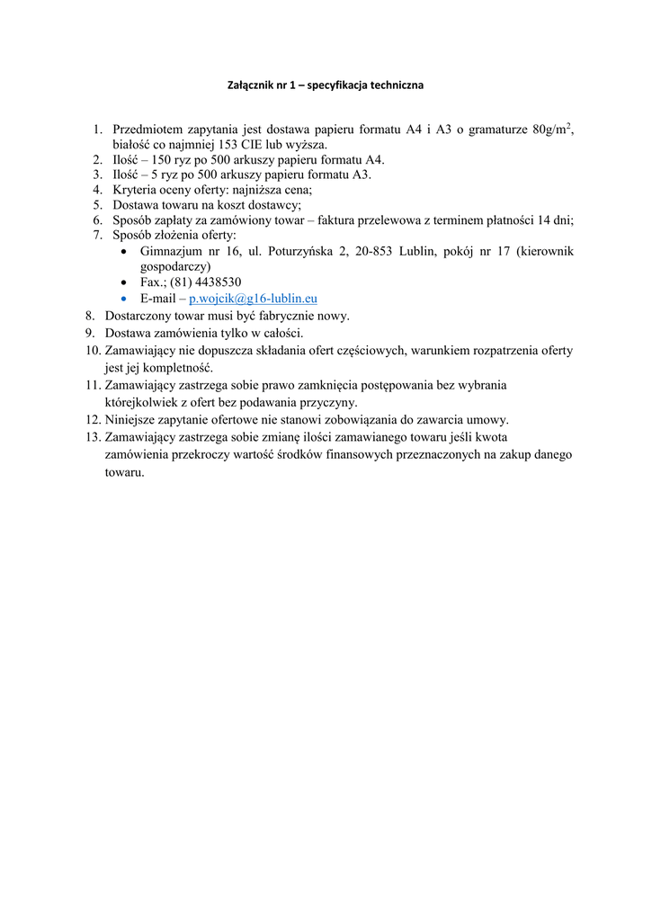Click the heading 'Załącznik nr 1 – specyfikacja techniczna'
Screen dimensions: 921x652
click(x=326, y=85)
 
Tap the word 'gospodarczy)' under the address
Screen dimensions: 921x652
click(x=175, y=266)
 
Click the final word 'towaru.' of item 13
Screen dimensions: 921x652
click(x=124, y=471)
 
